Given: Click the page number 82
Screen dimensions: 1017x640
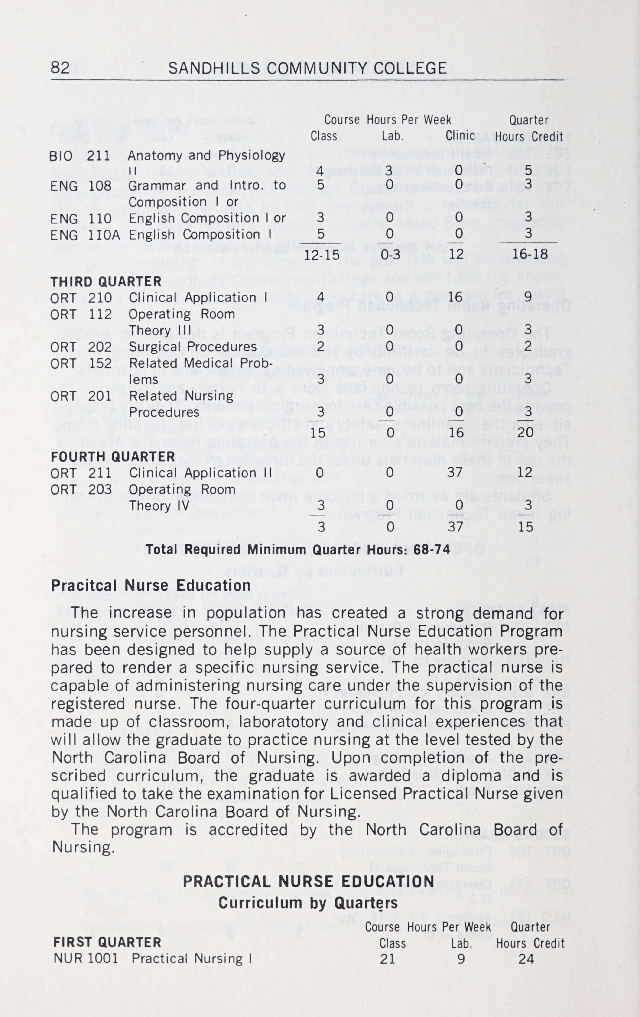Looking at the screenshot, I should coord(60,68).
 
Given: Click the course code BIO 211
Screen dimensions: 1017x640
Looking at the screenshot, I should coord(80,156).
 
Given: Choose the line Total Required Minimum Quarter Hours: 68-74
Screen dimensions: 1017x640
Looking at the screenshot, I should coord(298,550).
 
